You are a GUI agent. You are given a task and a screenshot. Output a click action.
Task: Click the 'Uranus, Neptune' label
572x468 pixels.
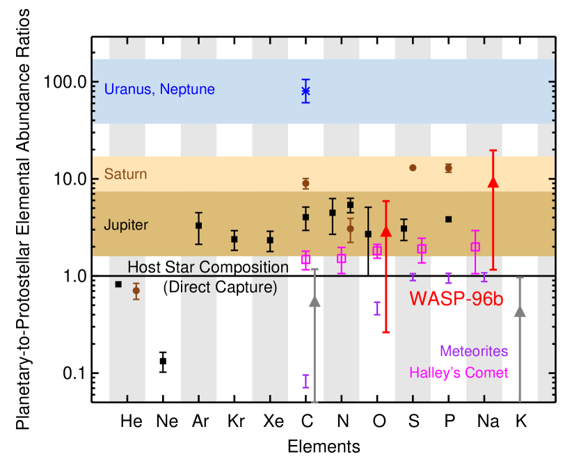[159, 90]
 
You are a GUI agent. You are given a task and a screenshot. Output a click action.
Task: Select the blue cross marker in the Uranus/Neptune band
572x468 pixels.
[305, 90]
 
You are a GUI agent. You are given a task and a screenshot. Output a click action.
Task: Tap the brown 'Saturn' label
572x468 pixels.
[125, 174]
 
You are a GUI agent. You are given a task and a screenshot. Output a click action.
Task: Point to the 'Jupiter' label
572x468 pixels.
[126, 225]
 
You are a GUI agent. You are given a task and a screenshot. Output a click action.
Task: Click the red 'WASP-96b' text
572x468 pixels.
[456, 298]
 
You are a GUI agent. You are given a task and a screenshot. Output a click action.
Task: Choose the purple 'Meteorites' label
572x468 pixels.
[474, 351]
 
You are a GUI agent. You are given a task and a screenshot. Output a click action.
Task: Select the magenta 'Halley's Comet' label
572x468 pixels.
[459, 373]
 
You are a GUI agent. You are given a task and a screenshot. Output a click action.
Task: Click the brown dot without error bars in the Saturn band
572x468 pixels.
[413, 168]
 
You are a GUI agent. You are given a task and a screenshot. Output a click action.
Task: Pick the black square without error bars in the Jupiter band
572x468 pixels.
[449, 219]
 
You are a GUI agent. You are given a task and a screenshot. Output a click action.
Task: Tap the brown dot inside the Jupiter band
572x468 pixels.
[351, 229]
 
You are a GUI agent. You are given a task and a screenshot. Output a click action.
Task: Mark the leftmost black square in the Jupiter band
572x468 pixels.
[199, 225]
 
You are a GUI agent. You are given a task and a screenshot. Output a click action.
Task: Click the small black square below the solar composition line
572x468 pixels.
[118, 284]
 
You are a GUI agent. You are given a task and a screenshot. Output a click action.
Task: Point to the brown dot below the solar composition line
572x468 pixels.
[136, 291]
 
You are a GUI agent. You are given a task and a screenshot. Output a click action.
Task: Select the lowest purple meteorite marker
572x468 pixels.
[305, 380]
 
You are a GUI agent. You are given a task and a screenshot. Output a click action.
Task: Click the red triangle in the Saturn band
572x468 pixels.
[493, 182]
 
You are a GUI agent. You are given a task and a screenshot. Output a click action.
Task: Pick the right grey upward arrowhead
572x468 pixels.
[520, 312]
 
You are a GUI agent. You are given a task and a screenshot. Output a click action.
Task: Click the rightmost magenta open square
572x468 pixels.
[476, 246]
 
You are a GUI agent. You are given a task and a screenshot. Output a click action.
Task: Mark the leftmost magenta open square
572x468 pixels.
[305, 259]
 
